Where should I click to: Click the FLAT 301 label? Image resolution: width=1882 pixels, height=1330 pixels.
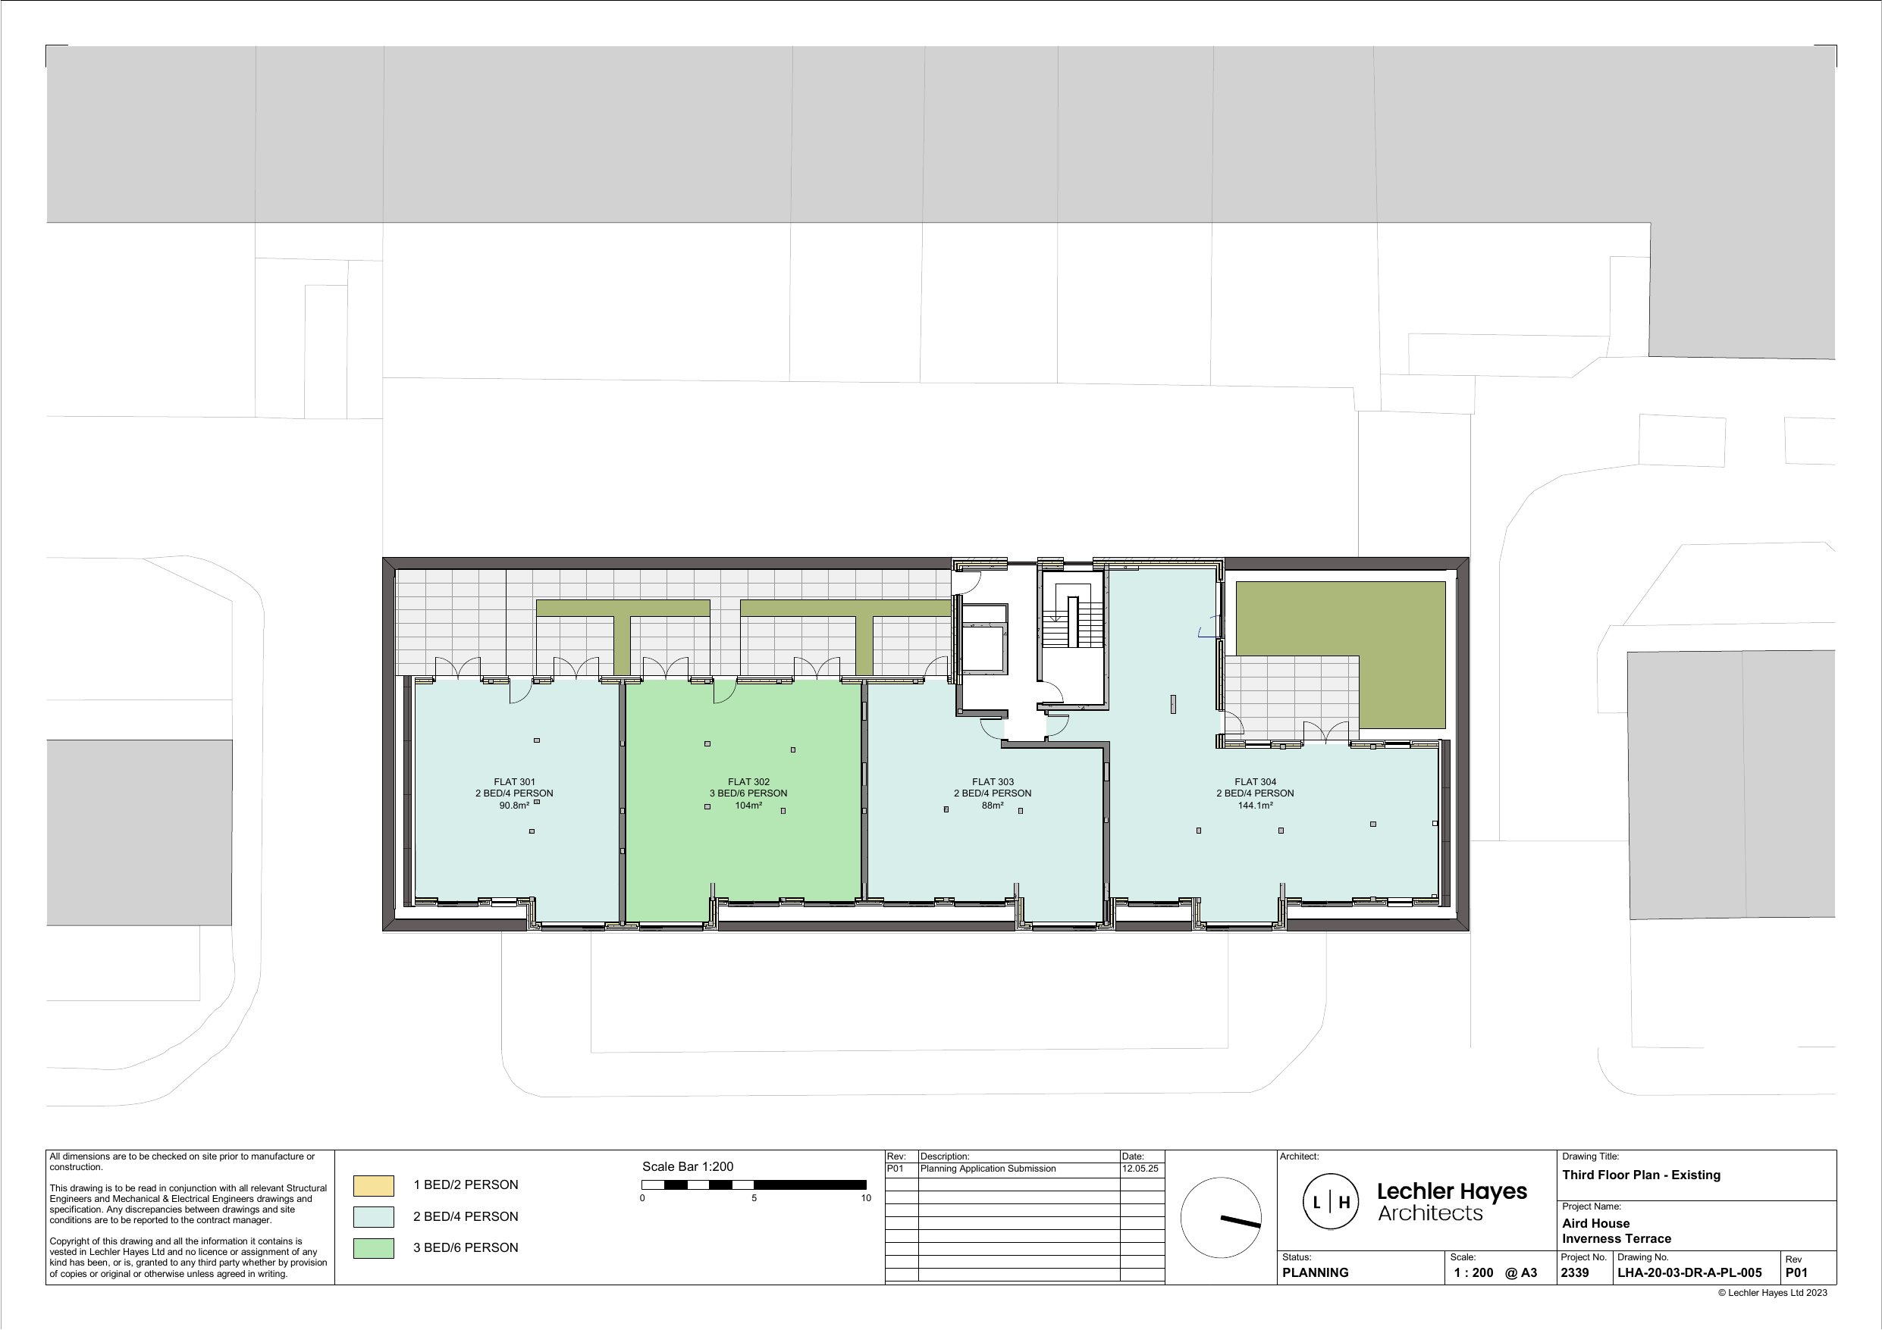(x=514, y=782)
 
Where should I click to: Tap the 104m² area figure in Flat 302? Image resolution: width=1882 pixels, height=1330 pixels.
(x=748, y=806)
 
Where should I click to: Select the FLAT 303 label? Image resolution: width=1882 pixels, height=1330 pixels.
(x=993, y=782)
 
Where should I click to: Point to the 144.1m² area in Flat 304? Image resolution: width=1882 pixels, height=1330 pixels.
(x=1255, y=806)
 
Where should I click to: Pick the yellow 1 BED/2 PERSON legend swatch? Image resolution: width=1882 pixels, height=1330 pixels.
(x=373, y=1185)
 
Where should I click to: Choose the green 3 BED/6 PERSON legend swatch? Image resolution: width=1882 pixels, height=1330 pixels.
(x=373, y=1248)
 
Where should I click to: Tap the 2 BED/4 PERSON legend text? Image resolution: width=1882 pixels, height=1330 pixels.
(x=466, y=1216)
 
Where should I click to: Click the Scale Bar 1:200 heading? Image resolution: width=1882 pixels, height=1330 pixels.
(x=687, y=1166)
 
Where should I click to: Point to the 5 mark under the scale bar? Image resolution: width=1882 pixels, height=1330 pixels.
(x=754, y=1198)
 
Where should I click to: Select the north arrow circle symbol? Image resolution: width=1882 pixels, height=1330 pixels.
(x=1221, y=1218)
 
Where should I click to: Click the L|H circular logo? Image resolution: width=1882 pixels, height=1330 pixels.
(x=1332, y=1202)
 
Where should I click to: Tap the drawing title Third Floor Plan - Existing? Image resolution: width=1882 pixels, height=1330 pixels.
(x=1641, y=1175)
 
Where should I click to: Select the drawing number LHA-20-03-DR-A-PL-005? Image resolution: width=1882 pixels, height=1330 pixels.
(x=1689, y=1272)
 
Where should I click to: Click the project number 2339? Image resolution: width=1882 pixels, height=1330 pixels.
(x=1575, y=1272)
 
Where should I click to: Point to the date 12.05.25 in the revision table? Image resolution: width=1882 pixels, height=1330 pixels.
(x=1140, y=1169)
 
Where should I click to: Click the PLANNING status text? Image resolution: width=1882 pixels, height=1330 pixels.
(x=1315, y=1272)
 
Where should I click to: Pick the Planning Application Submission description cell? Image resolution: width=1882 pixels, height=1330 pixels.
(x=989, y=1169)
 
